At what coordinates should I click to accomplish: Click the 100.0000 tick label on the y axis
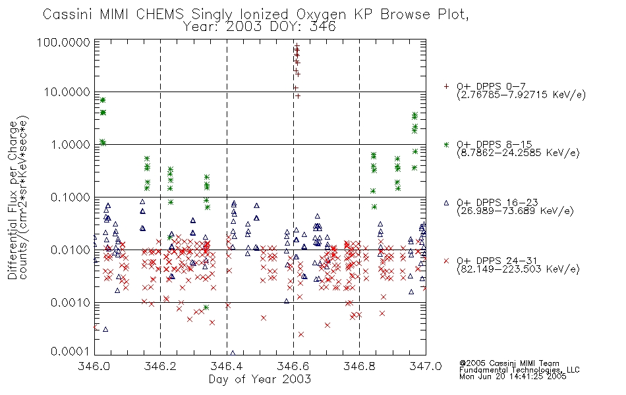[x=64, y=42]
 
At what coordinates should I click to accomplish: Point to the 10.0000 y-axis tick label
[x=67, y=92]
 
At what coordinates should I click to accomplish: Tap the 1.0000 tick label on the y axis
[x=71, y=144]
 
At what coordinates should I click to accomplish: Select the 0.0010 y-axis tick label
[x=71, y=302]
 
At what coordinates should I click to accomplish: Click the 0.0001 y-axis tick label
[x=71, y=351]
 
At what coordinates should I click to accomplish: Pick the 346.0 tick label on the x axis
[x=94, y=366]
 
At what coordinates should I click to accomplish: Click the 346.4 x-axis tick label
[x=227, y=366]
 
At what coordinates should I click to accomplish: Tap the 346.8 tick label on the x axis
[x=359, y=366]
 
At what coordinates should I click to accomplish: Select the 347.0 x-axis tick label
[x=426, y=366]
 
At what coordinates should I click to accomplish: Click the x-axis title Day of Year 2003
[x=260, y=379]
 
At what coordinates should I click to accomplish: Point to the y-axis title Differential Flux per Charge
[x=13, y=200]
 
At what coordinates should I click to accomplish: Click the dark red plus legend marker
[x=446, y=86]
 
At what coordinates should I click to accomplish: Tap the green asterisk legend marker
[x=446, y=144]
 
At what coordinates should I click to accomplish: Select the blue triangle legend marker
[x=446, y=203]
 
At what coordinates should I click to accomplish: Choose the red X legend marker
[x=446, y=261]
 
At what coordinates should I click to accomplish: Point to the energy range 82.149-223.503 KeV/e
[x=518, y=269]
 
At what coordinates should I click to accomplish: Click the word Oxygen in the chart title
[x=322, y=14]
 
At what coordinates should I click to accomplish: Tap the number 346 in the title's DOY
[x=323, y=26]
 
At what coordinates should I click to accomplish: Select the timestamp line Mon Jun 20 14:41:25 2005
[x=513, y=377]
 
